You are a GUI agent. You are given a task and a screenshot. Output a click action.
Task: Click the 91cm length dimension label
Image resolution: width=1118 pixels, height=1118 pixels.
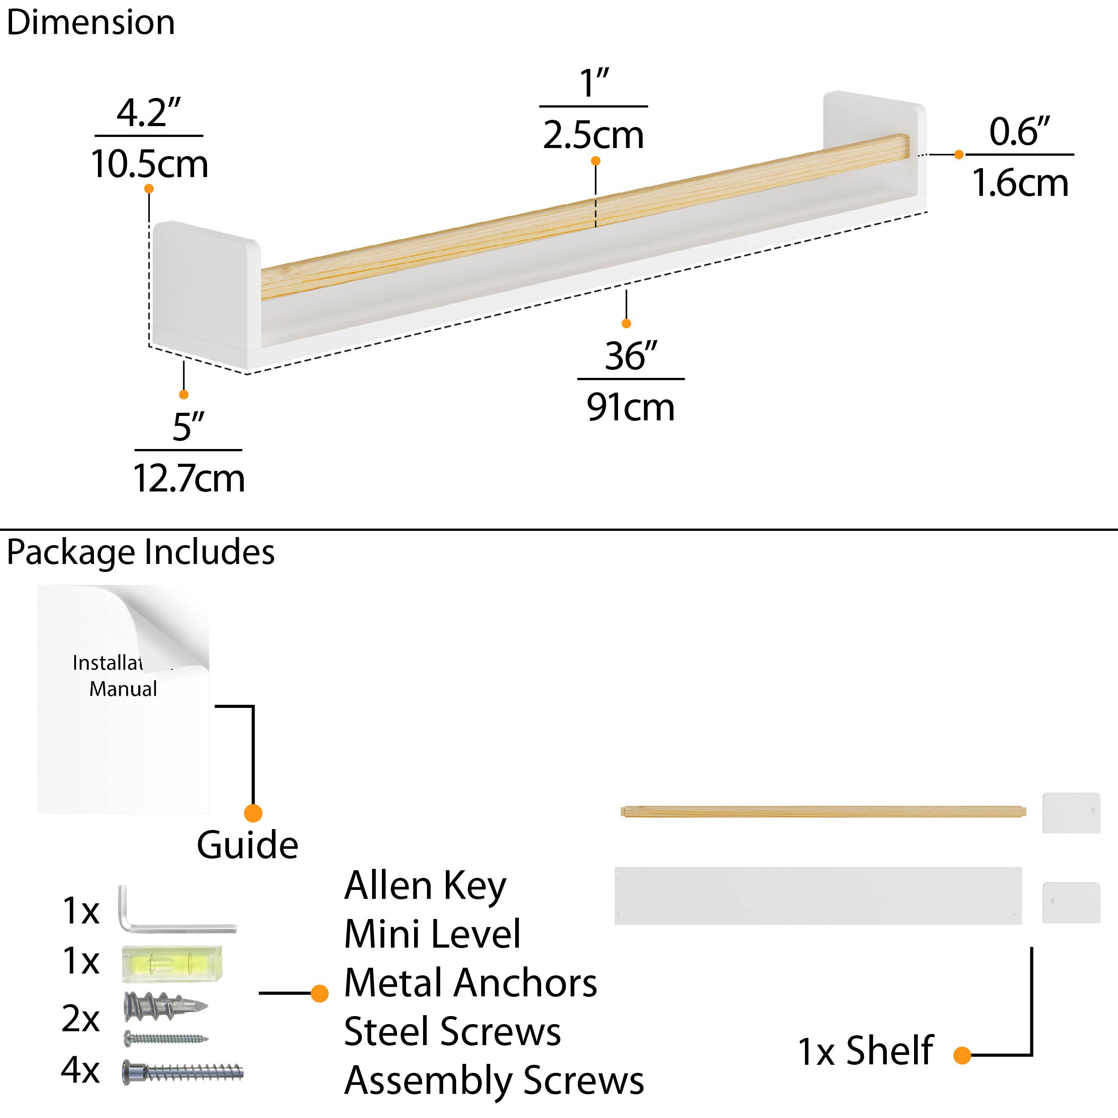pyautogui.click(x=630, y=407)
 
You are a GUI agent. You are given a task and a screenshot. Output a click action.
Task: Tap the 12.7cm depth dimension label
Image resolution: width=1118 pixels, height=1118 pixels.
pyautogui.click(x=189, y=479)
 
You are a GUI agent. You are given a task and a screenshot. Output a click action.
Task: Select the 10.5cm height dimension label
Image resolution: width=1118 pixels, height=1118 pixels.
pyautogui.click(x=149, y=164)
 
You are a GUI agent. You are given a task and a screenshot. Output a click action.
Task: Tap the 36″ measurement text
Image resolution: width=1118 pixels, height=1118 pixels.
pyautogui.click(x=631, y=356)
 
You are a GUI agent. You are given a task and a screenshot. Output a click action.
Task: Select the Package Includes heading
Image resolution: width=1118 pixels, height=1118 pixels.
pyautogui.click(x=140, y=551)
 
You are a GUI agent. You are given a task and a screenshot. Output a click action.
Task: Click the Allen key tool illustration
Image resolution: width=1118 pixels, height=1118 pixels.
pyautogui.click(x=174, y=911)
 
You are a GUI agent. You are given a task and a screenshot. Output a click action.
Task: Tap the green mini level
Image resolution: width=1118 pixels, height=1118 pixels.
pyautogui.click(x=172, y=964)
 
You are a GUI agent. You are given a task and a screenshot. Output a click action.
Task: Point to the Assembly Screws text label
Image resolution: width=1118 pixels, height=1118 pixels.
pyautogui.click(x=494, y=1080)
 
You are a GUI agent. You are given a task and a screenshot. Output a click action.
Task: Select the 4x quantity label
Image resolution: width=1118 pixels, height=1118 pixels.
pyautogui.click(x=80, y=1070)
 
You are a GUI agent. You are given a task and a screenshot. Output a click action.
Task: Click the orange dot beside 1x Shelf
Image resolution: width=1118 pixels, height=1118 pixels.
pyautogui.click(x=962, y=1055)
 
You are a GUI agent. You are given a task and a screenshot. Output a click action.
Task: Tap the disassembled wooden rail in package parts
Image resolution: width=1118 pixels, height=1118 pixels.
pyautogui.click(x=822, y=811)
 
